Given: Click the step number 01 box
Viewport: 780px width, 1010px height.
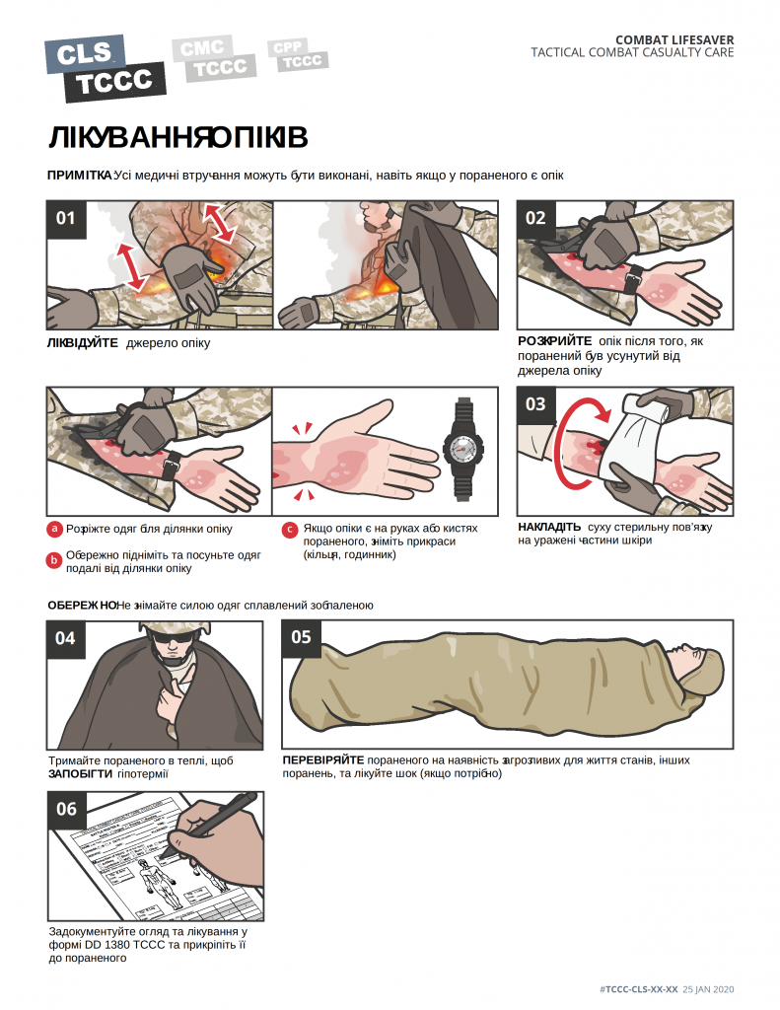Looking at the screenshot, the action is pyautogui.click(x=66, y=219).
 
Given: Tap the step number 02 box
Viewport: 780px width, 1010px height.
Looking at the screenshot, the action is pyautogui.click(x=535, y=219).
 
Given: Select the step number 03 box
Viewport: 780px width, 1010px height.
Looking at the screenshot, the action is pyautogui.click(x=535, y=405).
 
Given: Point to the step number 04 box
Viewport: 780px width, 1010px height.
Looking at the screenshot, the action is pyautogui.click(x=66, y=639).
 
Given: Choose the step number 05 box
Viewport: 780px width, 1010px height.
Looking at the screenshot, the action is pyautogui.click(x=302, y=638).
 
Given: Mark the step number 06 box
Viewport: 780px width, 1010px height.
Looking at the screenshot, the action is pyautogui.click(x=67, y=810).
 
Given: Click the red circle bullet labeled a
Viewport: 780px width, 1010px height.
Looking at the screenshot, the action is pyautogui.click(x=55, y=529).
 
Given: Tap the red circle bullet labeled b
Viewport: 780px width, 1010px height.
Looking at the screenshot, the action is pyautogui.click(x=55, y=560).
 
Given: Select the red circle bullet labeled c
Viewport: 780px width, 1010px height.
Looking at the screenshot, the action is pyautogui.click(x=290, y=530).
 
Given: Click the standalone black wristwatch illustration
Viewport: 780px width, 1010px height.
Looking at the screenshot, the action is pyautogui.click(x=462, y=450).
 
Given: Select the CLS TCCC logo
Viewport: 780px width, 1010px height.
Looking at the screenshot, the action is pyautogui.click(x=105, y=68).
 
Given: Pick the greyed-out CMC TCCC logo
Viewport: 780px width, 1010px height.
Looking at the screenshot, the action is pyautogui.click(x=214, y=58).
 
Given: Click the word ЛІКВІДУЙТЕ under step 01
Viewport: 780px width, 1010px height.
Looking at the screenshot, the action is pyautogui.click(x=83, y=343).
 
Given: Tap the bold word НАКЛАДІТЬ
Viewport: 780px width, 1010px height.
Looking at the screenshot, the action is pyautogui.click(x=549, y=527).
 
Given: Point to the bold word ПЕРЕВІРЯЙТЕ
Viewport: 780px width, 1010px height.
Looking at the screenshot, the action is pyautogui.click(x=323, y=760).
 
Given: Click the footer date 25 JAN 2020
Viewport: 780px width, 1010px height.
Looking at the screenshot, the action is pyautogui.click(x=708, y=989).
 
